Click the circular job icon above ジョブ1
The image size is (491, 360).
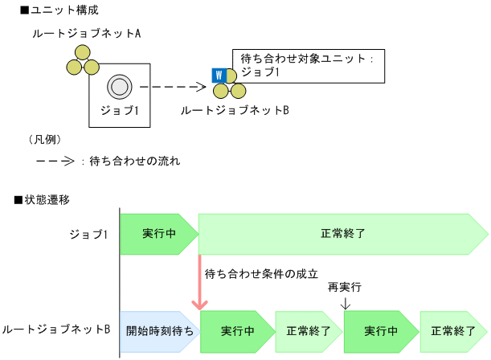[120, 85]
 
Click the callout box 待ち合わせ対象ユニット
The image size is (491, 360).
[306, 65]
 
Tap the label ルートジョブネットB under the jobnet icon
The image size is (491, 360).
[234, 109]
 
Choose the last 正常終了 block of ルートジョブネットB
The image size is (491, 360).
[452, 330]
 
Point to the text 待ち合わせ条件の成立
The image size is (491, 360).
[261, 273]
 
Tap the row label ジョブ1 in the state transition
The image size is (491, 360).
[88, 234]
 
